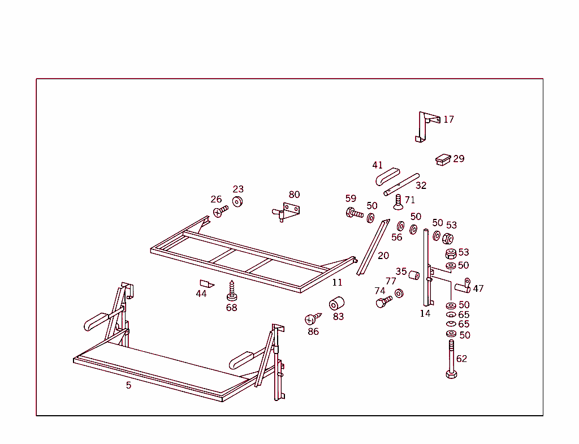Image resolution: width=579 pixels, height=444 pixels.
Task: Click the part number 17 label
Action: (x=448, y=119)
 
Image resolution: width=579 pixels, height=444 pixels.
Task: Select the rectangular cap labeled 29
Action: (x=443, y=159)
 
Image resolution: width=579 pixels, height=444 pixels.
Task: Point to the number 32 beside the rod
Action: (x=421, y=185)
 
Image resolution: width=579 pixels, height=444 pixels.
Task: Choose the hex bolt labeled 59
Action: (x=355, y=214)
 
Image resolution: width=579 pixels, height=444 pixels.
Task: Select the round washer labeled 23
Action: (x=237, y=202)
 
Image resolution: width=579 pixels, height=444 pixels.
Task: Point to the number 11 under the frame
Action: (x=337, y=282)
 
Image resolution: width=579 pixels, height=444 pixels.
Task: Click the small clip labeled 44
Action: (x=206, y=283)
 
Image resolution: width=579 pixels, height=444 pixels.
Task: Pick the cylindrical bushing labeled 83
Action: (x=337, y=303)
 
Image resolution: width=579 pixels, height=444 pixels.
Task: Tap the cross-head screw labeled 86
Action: (x=312, y=319)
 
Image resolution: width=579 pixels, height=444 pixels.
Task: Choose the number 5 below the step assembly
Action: (x=128, y=385)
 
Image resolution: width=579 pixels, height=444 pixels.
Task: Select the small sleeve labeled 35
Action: (x=414, y=275)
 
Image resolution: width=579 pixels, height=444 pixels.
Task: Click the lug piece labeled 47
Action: (x=463, y=287)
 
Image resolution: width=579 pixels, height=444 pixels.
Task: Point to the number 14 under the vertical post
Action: (x=425, y=313)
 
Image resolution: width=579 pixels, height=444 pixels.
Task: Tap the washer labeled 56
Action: (x=400, y=226)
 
